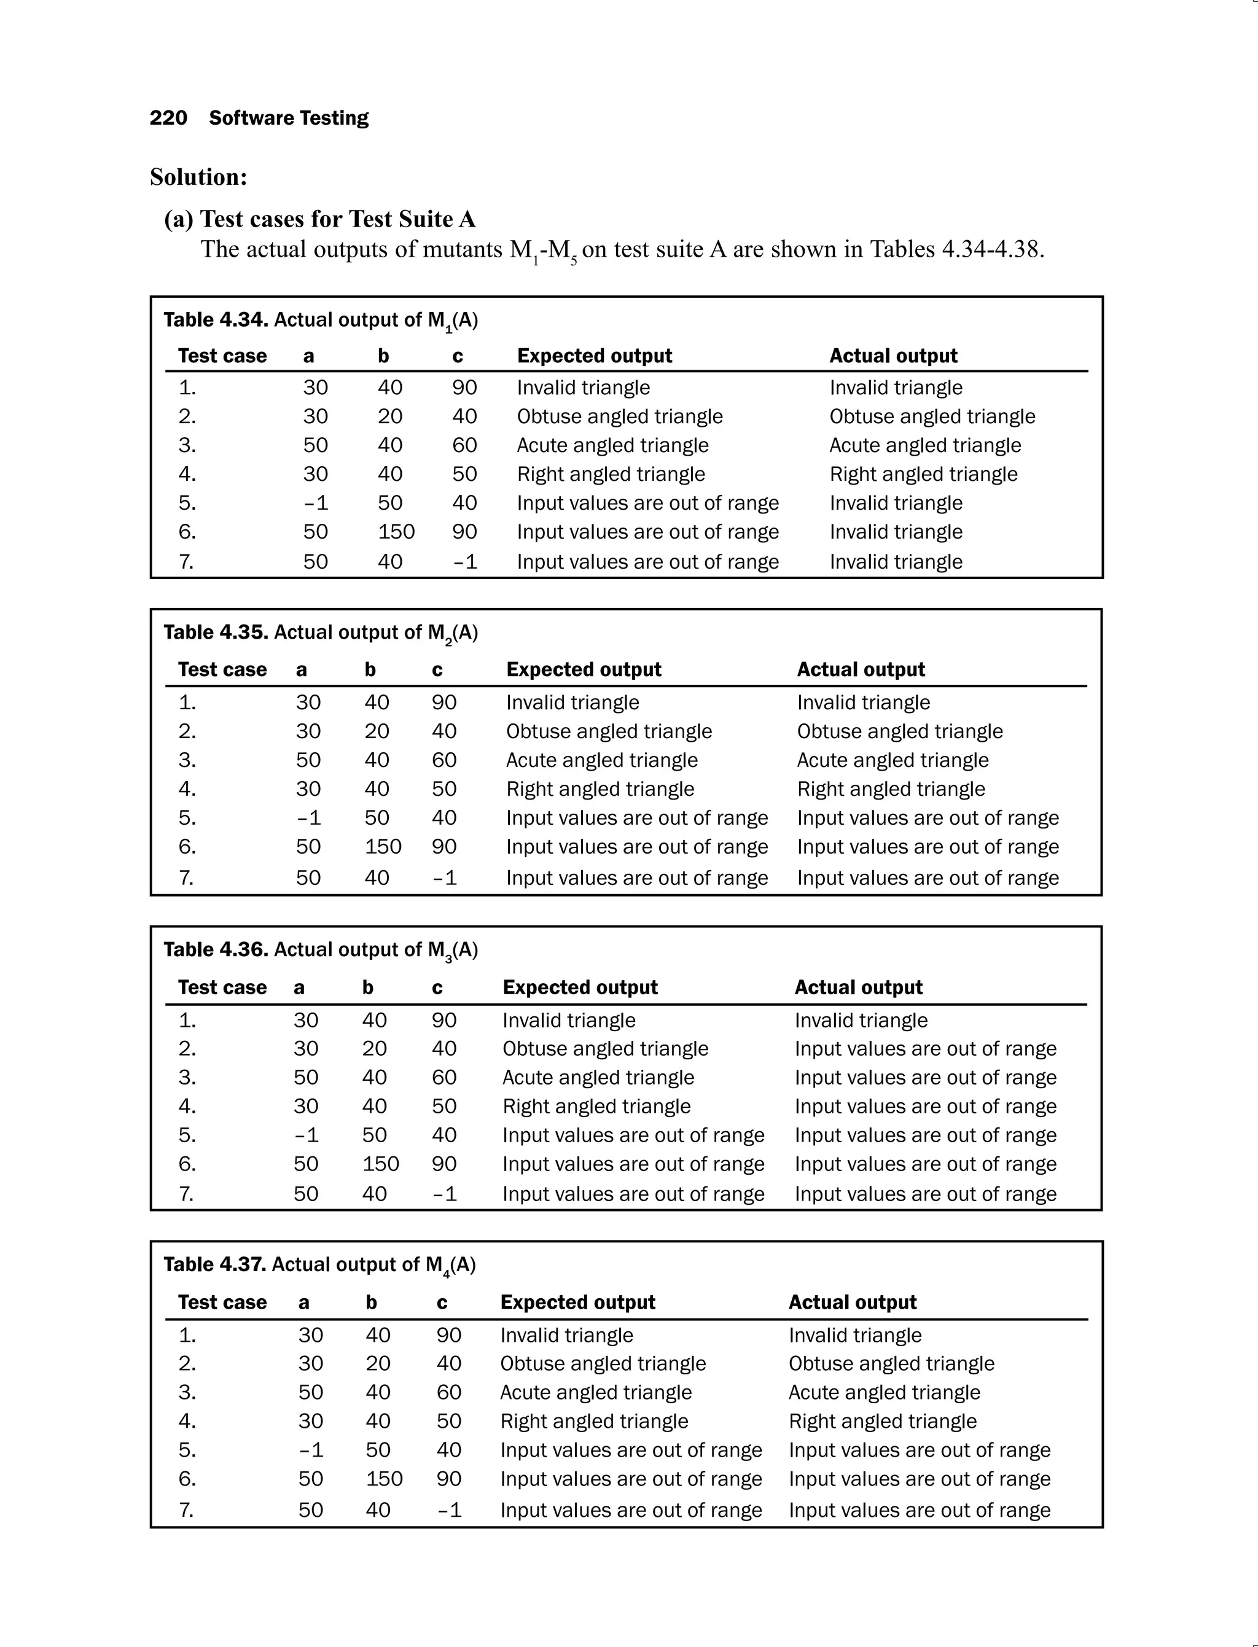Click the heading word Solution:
coord(198,177)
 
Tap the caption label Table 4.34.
coord(216,320)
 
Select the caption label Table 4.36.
coord(216,949)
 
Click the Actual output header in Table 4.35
coord(861,669)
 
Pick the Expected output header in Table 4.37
coord(577,1302)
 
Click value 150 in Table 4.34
coord(396,532)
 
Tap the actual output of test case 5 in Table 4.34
coord(896,503)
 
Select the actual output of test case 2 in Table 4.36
coord(925,1048)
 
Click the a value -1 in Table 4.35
coord(308,817)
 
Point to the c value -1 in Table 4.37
coord(449,1510)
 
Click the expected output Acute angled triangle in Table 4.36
coord(598,1077)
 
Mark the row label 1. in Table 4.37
coord(187,1335)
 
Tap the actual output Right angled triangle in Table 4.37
coord(882,1421)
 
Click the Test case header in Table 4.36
coord(222,987)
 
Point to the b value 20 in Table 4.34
coord(389,416)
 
